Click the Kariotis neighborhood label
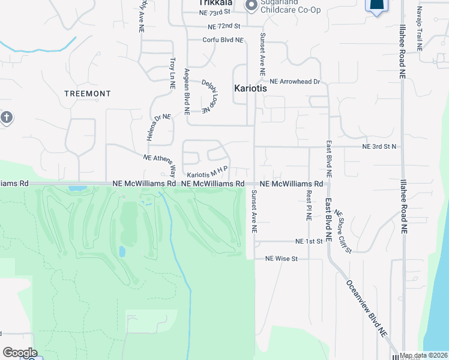click(250, 88)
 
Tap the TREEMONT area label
click(88, 94)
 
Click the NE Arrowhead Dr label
click(295, 81)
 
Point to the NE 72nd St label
click(224, 27)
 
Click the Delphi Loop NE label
click(208, 97)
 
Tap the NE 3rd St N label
click(379, 146)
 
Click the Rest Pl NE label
click(309, 205)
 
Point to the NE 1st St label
click(309, 241)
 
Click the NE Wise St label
click(282, 259)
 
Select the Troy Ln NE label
click(172, 73)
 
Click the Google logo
click(20, 353)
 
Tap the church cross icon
click(6, 116)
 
